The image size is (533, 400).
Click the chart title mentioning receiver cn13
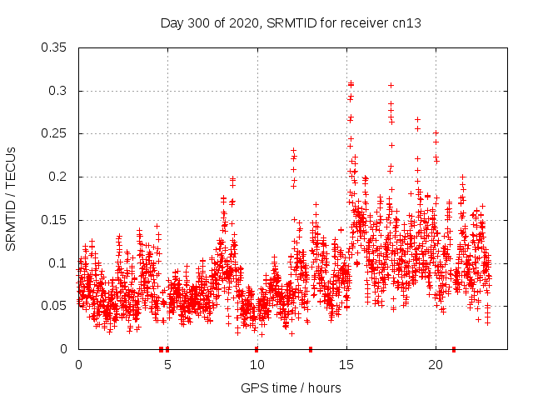click(x=291, y=23)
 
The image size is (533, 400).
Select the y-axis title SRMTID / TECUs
click(x=11, y=198)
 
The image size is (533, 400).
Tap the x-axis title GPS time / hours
click(x=291, y=387)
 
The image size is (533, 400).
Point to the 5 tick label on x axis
click(x=167, y=365)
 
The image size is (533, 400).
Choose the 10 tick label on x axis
click(x=257, y=365)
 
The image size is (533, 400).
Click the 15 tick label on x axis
click(x=346, y=365)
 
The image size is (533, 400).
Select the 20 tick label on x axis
click(x=435, y=365)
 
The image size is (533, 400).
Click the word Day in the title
click(x=172, y=23)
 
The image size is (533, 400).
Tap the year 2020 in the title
click(x=242, y=23)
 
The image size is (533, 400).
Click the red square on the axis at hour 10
click(x=257, y=349)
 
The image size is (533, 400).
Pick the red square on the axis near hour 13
click(x=311, y=349)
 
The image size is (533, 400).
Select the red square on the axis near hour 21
click(x=454, y=349)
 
